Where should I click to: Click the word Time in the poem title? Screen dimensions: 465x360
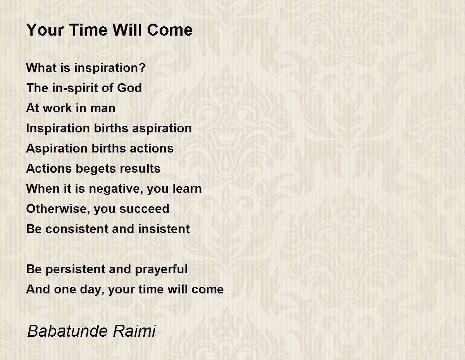[88, 30]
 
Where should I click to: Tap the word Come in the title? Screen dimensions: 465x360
[170, 30]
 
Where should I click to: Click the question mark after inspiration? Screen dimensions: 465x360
[142, 68]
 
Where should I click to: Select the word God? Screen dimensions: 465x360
[129, 88]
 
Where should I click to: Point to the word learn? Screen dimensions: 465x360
[187, 189]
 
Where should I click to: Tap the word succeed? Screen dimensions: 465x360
[144, 209]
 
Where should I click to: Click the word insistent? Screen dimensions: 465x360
[164, 229]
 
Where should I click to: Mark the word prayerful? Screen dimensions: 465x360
[161, 269]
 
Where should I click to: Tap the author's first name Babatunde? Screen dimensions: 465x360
[67, 331]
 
